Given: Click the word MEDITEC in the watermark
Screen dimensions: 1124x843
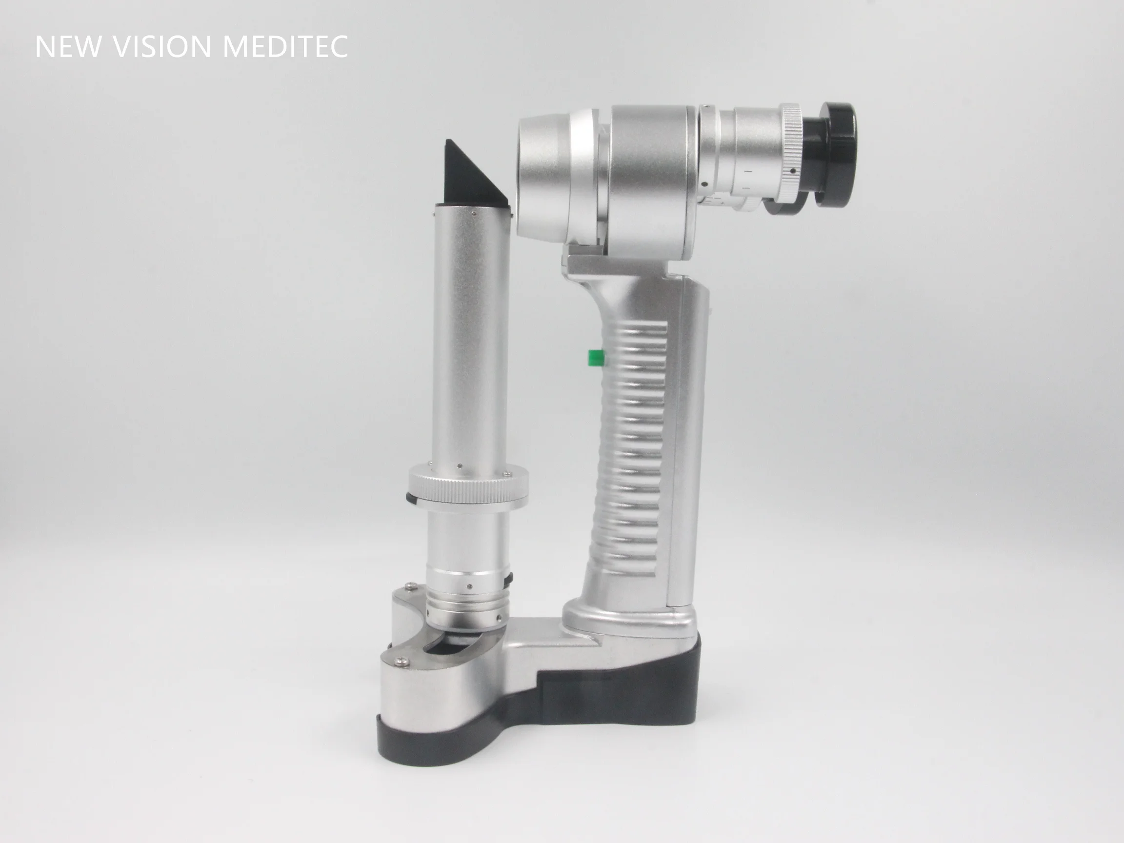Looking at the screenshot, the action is click(285, 47).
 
